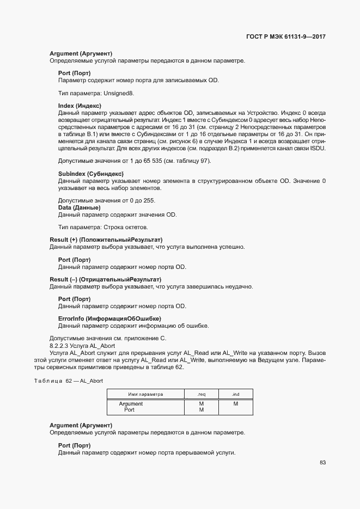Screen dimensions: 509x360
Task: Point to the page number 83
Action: (x=322, y=462)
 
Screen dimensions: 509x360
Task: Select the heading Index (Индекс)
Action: (x=80, y=105)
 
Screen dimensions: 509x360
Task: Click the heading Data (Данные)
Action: (x=79, y=207)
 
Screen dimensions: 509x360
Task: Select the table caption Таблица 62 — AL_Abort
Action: (x=69, y=381)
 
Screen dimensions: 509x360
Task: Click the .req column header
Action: (x=201, y=394)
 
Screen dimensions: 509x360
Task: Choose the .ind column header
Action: (x=236, y=394)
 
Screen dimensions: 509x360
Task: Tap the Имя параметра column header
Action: (x=145, y=394)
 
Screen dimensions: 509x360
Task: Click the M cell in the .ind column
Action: (x=236, y=404)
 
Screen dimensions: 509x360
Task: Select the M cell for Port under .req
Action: (x=201, y=410)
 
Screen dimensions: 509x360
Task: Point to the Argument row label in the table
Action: (x=131, y=404)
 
